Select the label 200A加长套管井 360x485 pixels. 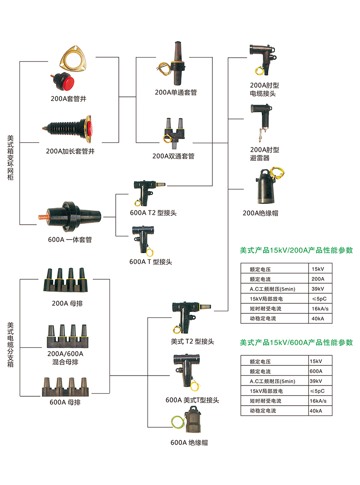[x=70, y=151]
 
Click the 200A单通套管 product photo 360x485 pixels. [x=175, y=64]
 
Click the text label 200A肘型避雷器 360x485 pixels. [x=265, y=154]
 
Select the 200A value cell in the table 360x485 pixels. [x=317, y=279]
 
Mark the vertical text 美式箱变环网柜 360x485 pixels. [x=10, y=158]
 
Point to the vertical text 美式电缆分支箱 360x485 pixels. [x=10, y=344]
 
